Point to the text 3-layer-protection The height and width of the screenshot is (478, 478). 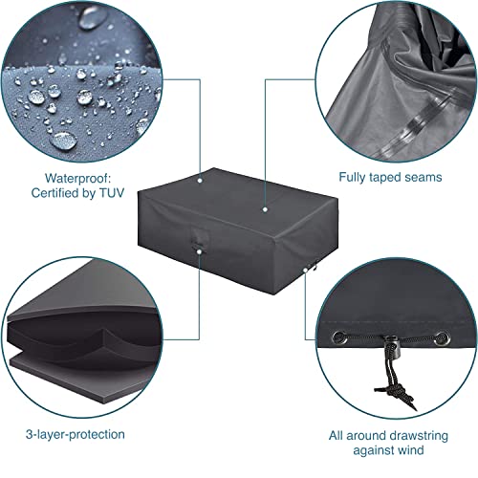pyautogui.click(x=71, y=435)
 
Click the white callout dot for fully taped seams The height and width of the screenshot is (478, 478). pyautogui.click(x=263, y=206)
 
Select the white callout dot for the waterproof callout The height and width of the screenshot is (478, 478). pyautogui.click(x=200, y=178)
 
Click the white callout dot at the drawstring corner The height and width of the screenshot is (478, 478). pyautogui.click(x=306, y=271)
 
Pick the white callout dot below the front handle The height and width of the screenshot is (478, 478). pyautogui.click(x=198, y=250)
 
